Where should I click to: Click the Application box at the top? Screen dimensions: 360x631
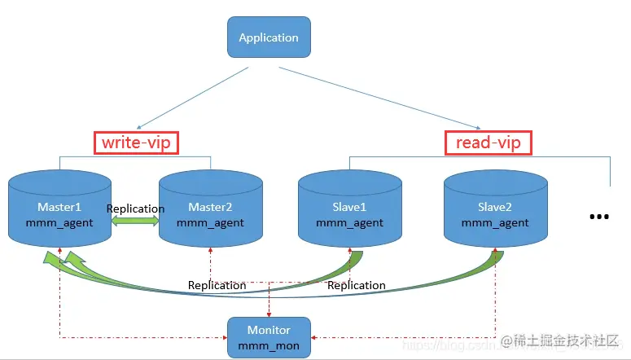point(268,37)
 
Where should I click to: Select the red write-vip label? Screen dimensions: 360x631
point(135,143)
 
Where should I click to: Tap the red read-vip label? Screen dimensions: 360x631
point(489,143)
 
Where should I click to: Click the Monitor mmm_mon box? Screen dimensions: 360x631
point(268,337)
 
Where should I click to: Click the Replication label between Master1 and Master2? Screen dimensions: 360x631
point(135,209)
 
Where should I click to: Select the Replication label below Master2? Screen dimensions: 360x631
point(217,285)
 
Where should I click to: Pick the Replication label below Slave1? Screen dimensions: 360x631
point(356,285)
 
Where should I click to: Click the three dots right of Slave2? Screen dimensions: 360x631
point(598,217)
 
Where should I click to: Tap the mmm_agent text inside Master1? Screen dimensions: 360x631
point(59,222)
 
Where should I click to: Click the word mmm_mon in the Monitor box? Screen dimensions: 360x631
point(268,345)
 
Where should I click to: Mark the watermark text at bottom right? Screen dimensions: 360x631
point(562,339)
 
